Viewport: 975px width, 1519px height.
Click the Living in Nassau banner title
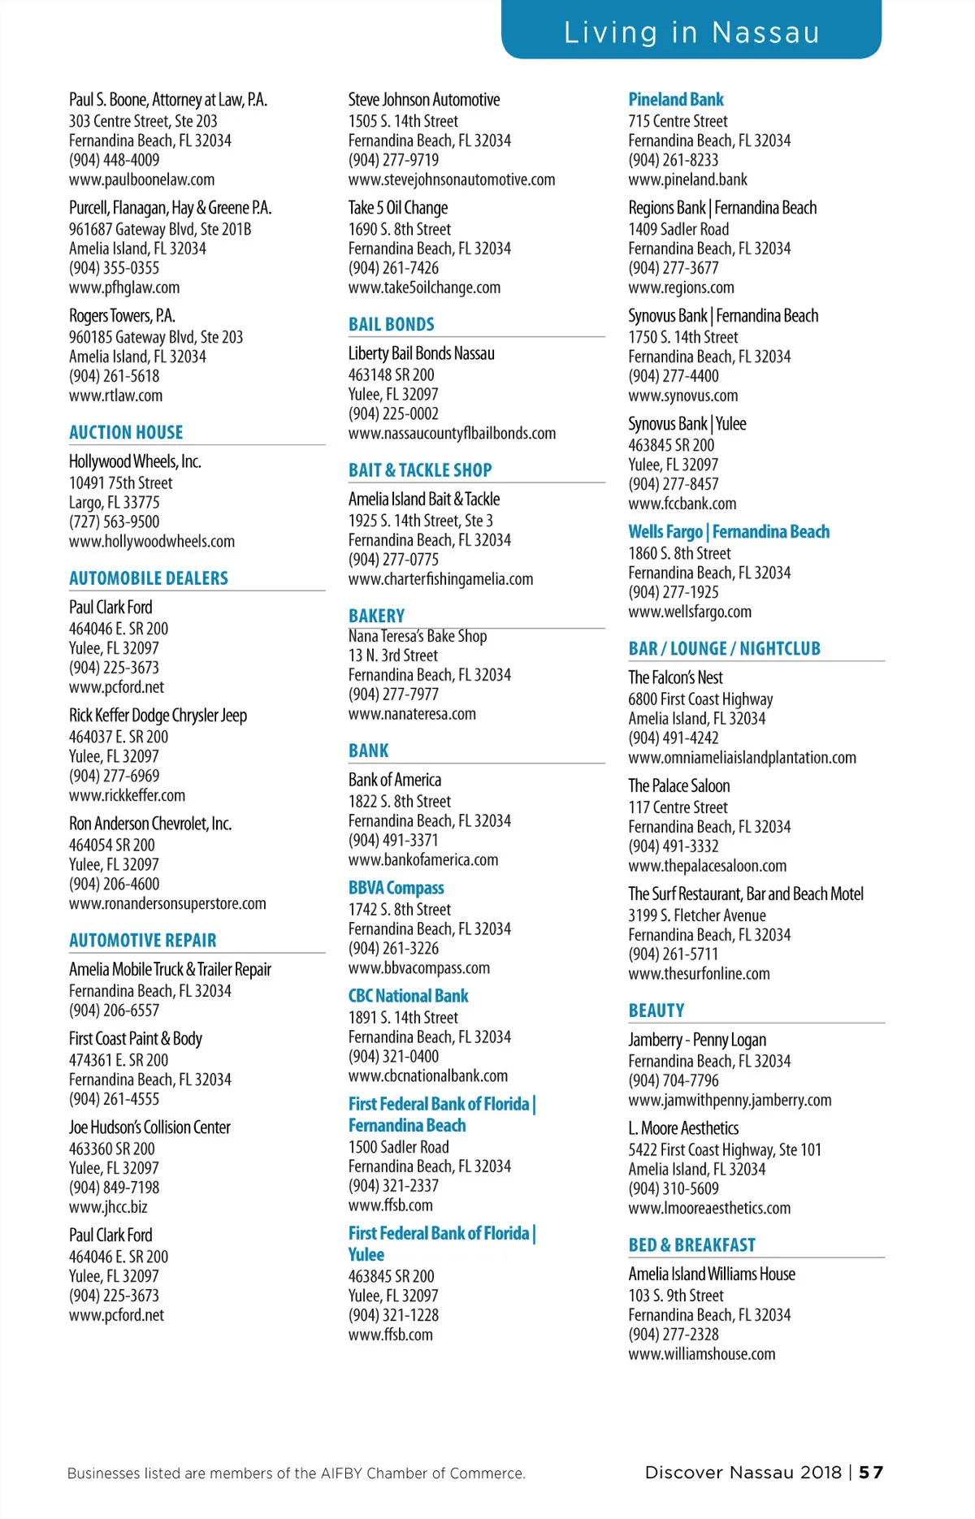pyautogui.click(x=691, y=32)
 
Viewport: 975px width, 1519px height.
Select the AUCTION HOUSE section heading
pyautogui.click(x=126, y=432)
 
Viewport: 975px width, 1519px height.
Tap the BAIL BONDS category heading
pyautogui.click(x=391, y=324)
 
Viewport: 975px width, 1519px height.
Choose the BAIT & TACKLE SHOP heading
pyautogui.click(x=420, y=470)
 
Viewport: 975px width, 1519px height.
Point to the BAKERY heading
pyautogui.click(x=376, y=616)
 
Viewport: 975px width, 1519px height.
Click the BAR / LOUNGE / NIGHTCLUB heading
pyautogui.click(x=724, y=648)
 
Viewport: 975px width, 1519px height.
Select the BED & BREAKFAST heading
pyautogui.click(x=691, y=1245)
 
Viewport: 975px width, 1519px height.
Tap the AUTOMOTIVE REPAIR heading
pyautogui.click(x=143, y=941)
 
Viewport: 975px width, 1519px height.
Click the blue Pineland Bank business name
pyautogui.click(x=675, y=100)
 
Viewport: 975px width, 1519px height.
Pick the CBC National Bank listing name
pyautogui.click(x=408, y=996)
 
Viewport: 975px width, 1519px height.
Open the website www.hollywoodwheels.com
pyautogui.click(x=152, y=542)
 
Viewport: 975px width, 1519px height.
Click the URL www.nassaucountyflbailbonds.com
pyautogui.click(x=452, y=434)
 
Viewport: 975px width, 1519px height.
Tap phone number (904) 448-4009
pyautogui.click(x=114, y=160)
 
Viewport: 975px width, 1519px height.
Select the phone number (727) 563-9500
pyautogui.click(x=114, y=522)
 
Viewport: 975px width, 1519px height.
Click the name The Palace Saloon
pyautogui.click(x=678, y=785)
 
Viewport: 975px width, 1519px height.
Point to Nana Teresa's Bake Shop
pyautogui.click(x=418, y=636)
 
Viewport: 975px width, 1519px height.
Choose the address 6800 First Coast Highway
pyautogui.click(x=700, y=699)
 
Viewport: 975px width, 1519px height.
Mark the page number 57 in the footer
pyautogui.click(x=871, y=1473)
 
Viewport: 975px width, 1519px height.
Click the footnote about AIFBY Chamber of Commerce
pyautogui.click(x=297, y=1474)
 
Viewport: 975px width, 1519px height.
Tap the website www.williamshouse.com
pyautogui.click(x=701, y=1354)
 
